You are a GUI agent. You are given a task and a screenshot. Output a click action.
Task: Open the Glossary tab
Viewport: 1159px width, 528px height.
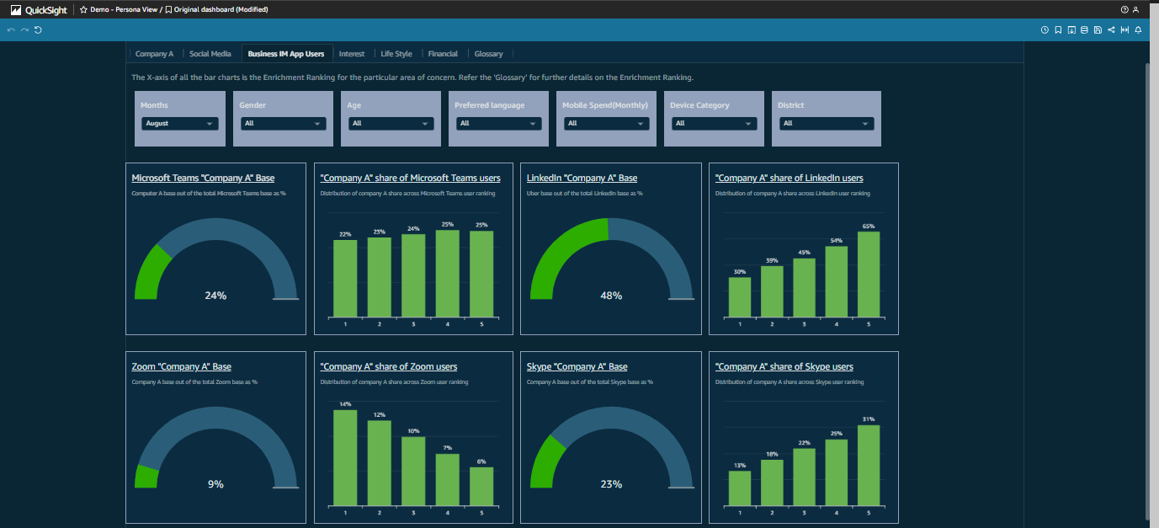point(488,54)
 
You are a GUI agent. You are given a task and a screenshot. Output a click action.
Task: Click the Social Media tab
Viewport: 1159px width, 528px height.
point(210,54)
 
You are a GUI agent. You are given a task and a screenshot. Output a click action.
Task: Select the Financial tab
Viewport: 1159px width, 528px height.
point(443,54)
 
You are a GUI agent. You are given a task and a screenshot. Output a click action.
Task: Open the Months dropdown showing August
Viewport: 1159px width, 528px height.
point(180,123)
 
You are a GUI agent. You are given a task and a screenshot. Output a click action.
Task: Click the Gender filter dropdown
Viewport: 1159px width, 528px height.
point(283,123)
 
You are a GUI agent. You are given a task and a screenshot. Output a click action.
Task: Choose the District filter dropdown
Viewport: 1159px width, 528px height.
point(827,123)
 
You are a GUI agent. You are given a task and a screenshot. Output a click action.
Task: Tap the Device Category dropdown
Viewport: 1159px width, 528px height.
point(714,123)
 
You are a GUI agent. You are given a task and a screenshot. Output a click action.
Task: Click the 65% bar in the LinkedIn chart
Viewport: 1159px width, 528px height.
point(869,274)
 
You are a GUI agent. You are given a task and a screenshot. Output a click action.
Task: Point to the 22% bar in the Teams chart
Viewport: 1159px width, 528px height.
point(345,278)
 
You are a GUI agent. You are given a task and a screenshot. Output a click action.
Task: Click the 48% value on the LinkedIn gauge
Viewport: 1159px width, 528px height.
point(611,296)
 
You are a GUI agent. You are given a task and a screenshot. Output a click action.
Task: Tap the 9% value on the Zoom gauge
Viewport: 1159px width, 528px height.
point(215,484)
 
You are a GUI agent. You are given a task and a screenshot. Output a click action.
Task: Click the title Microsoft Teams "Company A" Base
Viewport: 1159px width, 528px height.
point(203,179)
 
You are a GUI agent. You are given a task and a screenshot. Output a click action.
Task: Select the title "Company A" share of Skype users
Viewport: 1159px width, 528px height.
point(784,367)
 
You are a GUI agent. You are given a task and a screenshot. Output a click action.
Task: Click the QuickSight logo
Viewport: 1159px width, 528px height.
point(39,9)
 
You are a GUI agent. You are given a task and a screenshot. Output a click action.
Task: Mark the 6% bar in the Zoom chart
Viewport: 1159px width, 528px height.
point(481,486)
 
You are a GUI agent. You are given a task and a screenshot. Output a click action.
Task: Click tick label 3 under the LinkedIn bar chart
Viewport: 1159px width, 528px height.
point(804,324)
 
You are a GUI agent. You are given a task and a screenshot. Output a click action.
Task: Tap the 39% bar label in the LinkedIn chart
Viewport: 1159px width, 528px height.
point(772,261)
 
